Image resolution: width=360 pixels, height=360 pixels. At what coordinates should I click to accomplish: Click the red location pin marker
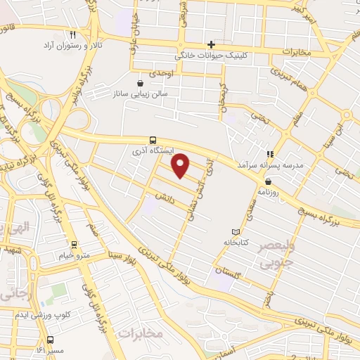click(181, 165)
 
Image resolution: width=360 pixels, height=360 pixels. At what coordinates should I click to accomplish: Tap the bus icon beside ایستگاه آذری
click(153, 139)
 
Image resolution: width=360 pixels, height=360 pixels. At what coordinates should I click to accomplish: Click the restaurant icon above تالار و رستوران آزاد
click(73, 34)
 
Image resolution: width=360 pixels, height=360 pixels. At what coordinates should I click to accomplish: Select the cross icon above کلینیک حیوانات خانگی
click(210, 44)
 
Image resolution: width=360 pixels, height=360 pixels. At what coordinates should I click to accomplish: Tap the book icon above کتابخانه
click(236, 232)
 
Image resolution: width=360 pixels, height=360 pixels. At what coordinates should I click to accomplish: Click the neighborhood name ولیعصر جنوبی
click(265, 255)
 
